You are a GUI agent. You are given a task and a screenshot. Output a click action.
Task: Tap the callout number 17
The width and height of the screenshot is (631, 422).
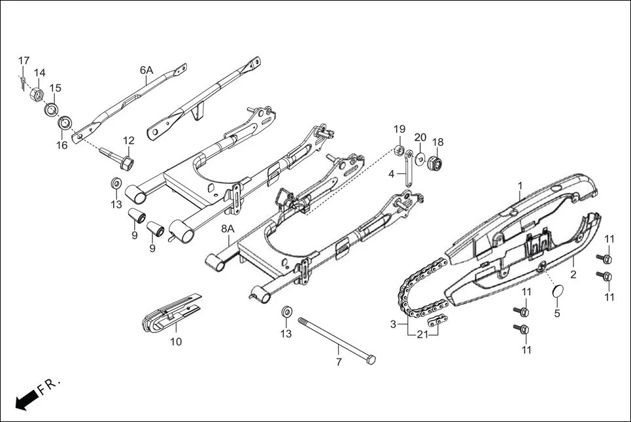(24, 61)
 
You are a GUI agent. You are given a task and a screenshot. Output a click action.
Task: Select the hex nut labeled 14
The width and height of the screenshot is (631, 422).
(37, 96)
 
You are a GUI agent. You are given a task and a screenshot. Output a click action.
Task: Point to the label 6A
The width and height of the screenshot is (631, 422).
(146, 70)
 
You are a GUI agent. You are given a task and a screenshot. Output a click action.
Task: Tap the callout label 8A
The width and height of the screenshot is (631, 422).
(228, 228)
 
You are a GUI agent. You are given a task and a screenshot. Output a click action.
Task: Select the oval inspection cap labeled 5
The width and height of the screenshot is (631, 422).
(556, 292)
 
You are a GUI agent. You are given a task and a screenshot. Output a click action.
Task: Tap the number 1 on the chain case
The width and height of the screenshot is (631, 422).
(520, 186)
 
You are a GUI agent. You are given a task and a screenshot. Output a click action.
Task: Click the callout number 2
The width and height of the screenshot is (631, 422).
(573, 274)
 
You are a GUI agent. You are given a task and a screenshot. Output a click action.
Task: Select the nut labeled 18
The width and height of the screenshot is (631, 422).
(435, 162)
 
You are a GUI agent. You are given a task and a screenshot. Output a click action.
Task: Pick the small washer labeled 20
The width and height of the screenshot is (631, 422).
(420, 158)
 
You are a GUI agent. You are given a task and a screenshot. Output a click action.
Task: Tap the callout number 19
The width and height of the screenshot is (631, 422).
(399, 128)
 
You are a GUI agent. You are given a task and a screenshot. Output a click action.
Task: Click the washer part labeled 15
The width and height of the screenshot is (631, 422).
(52, 108)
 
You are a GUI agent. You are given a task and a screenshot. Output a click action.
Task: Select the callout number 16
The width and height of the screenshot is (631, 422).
(61, 145)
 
